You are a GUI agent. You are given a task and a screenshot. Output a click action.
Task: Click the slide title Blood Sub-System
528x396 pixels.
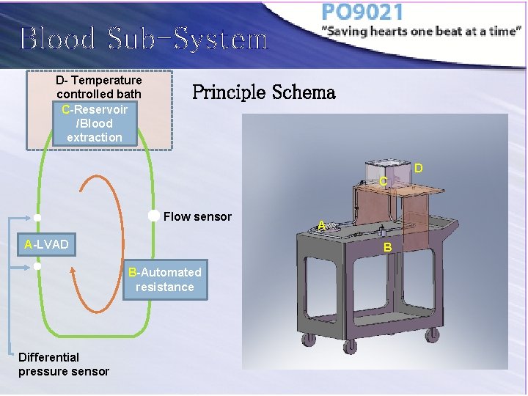[x=144, y=39]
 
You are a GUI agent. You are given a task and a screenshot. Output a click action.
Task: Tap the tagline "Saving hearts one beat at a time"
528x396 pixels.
[x=421, y=32]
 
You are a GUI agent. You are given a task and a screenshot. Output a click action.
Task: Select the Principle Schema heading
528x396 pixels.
[x=263, y=92]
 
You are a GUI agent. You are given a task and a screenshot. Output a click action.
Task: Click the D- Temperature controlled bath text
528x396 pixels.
[x=99, y=87]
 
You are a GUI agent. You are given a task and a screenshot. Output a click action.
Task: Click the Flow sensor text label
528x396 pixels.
[x=197, y=216]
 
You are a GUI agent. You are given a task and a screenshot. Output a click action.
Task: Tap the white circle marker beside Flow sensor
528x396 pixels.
[x=153, y=216]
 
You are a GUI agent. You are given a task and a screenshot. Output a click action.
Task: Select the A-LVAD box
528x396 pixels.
[x=46, y=244]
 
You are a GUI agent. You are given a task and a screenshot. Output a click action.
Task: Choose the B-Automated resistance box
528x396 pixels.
[x=164, y=279]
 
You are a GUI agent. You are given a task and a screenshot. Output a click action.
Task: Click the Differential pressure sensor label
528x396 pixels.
[x=64, y=364]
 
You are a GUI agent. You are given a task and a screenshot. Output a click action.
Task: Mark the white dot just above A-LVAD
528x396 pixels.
[x=37, y=218]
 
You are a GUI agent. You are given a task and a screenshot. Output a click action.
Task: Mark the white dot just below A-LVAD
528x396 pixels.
[x=37, y=266]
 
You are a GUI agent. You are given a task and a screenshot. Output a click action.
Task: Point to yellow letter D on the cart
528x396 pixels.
[x=418, y=169]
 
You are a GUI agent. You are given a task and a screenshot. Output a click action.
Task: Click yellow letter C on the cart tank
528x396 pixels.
[x=383, y=181]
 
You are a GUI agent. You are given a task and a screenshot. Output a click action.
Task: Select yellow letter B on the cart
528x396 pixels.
[x=388, y=248]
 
